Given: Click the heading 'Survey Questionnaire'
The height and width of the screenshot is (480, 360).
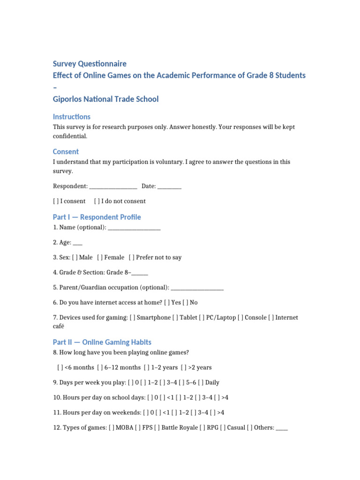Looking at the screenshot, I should tap(90, 64).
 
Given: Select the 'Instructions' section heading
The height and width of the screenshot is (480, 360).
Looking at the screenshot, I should tap(72, 117).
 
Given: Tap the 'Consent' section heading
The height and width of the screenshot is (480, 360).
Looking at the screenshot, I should tap(66, 152).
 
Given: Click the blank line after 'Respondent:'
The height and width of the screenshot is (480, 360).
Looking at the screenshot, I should tap(113, 187).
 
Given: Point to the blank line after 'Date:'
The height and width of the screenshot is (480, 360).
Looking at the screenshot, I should tap(169, 187).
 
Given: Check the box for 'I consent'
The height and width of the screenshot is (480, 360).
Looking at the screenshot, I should tap(56, 201).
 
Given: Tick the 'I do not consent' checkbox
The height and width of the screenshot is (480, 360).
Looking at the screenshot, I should tap(97, 201).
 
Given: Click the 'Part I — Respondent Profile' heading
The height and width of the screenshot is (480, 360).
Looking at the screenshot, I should tap(97, 217).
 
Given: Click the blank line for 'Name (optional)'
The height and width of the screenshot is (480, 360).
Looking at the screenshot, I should tap(134, 228).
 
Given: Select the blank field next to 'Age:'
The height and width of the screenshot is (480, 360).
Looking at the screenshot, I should tap(78, 243).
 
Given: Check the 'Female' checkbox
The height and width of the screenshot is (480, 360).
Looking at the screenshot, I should tap(100, 257).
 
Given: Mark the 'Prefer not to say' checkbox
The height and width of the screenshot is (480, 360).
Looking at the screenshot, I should tap(131, 257).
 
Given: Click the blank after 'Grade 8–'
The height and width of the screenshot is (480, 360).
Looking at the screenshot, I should tap(140, 273).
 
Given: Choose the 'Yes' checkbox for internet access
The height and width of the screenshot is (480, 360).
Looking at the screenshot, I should tap(167, 302).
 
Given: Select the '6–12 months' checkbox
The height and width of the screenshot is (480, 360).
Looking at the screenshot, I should tap(100, 367).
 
